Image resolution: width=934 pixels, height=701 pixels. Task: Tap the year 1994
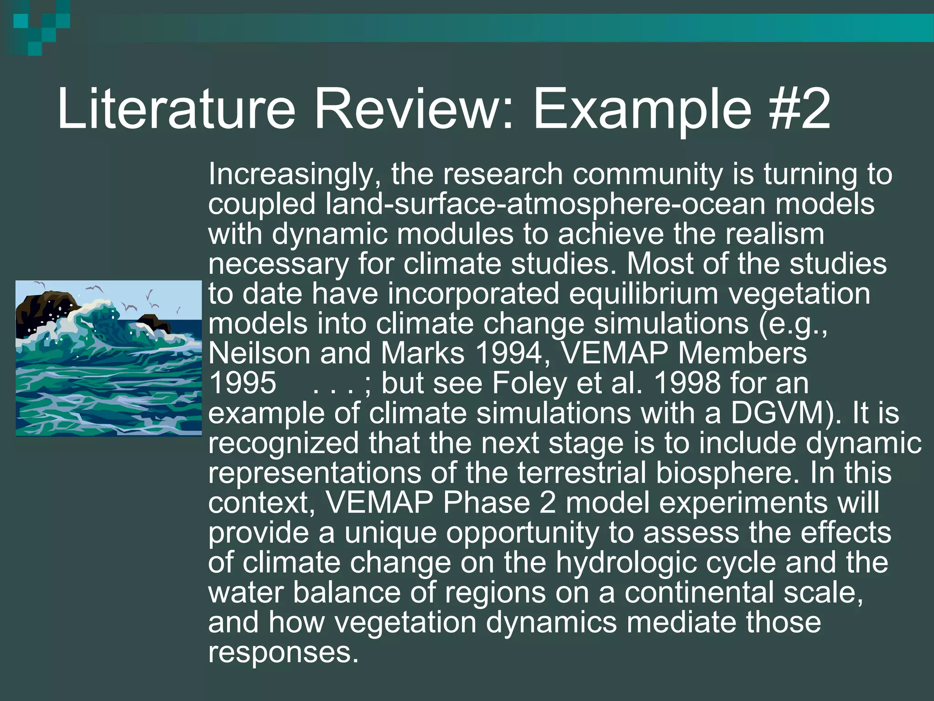[513, 353]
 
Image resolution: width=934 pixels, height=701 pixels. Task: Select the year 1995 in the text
[243, 383]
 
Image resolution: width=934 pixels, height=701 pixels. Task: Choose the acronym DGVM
[781, 413]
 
